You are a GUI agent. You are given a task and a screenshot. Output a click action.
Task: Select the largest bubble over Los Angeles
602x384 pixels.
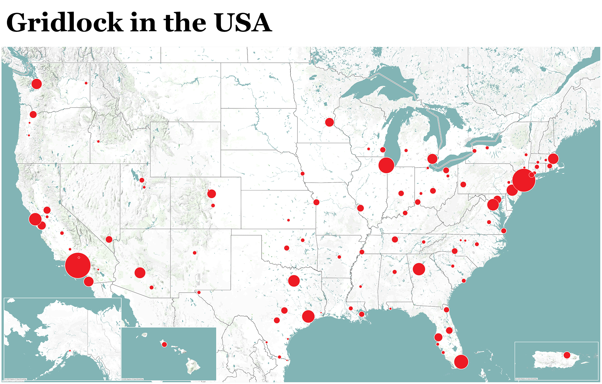point(78,266)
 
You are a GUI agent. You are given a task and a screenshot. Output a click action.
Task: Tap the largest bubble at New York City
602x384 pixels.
point(523,180)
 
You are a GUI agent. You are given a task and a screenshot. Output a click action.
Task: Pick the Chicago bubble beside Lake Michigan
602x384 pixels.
point(386,165)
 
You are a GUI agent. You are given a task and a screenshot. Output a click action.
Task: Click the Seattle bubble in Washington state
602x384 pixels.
point(37,84)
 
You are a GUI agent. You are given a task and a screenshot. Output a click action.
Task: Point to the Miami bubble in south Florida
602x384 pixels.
point(461,362)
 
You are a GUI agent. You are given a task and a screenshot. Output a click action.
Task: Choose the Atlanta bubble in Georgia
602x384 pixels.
point(419,269)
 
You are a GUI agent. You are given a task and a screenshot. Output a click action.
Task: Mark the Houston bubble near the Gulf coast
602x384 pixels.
point(308,316)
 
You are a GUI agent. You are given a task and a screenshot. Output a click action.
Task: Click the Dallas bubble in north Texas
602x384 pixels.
point(294,281)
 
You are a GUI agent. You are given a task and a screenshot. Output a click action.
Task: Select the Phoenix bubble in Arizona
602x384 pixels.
point(140,273)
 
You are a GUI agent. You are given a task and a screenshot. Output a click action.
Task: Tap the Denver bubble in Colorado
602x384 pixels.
point(211,194)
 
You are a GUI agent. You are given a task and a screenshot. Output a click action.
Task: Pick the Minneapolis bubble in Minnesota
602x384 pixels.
point(329,122)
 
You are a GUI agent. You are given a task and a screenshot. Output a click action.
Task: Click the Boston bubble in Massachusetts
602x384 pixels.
point(553,159)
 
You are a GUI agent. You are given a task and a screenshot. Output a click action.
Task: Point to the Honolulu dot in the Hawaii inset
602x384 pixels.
point(164,344)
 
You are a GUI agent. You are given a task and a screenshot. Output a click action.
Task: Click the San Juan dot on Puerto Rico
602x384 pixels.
point(567,355)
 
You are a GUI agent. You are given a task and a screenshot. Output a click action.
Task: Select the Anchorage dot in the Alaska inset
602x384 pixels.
point(70,351)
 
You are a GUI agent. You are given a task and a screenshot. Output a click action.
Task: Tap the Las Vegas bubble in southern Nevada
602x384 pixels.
point(109,239)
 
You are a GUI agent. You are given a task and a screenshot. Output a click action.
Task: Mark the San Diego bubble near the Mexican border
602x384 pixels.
point(89,281)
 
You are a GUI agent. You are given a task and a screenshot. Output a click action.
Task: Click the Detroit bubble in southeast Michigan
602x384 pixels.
point(432,159)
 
